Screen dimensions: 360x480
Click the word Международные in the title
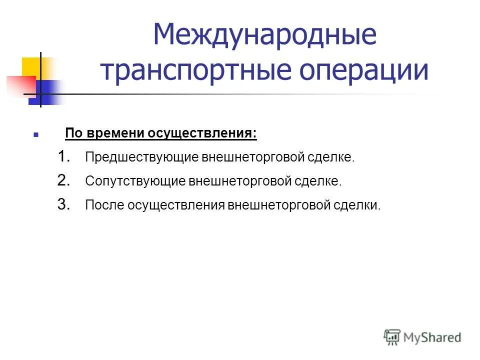point(264,36)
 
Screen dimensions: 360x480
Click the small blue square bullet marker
point(35,135)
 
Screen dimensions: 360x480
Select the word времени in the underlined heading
point(115,133)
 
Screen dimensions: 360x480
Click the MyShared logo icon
point(392,337)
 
